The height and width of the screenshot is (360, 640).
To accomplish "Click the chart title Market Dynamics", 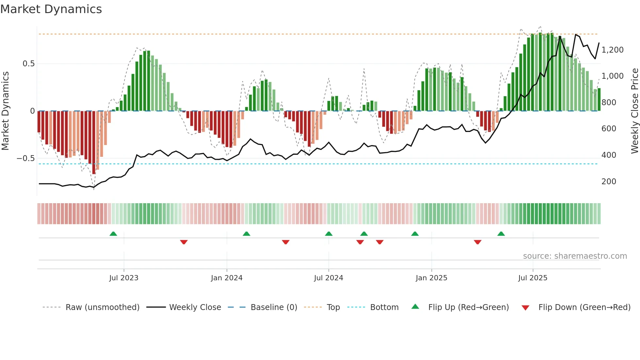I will tap(51, 9).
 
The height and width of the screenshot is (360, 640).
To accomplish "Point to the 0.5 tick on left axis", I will tap(28, 64).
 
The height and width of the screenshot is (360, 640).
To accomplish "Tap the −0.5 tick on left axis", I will tap(26, 158).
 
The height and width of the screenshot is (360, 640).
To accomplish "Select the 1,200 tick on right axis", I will tap(612, 50).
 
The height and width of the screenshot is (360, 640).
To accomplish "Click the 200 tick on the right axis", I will tap(609, 182).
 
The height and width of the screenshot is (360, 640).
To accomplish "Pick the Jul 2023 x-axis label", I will tap(124, 278).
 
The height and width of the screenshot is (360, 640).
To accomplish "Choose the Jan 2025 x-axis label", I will tap(431, 278).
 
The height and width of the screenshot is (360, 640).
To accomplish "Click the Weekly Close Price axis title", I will tap(634, 111).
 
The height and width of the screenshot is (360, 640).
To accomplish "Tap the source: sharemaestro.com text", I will tap(575, 256).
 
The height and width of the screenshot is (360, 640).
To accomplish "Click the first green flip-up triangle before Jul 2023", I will tap(113, 234).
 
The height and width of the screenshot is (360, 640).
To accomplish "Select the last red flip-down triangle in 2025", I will tap(477, 242).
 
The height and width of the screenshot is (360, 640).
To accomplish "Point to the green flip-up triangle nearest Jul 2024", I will tap(329, 234).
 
